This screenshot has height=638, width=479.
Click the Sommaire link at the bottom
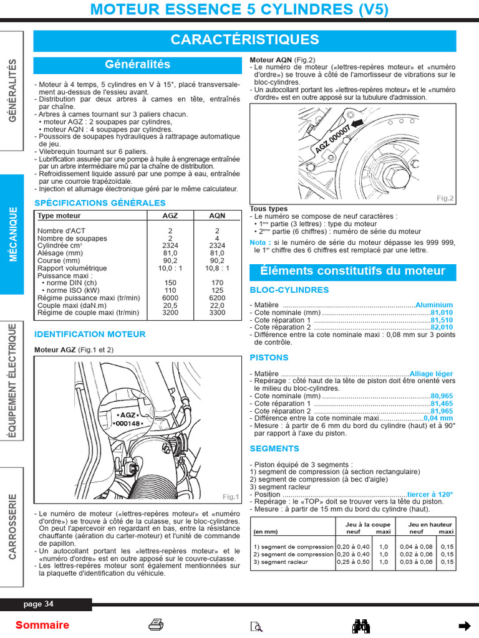(42, 625)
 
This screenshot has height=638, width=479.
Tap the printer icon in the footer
(156, 625)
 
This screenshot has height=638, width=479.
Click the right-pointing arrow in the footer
(464, 626)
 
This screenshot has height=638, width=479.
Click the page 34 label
(39, 604)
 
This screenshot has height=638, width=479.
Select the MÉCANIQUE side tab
(12, 234)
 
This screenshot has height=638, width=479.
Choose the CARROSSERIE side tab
(12, 526)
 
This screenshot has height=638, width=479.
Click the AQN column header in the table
(217, 216)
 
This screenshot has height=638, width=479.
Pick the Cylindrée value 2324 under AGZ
(170, 245)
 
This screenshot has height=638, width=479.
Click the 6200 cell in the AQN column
(217, 298)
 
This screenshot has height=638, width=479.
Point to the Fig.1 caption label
(231, 497)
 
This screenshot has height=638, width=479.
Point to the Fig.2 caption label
(445, 198)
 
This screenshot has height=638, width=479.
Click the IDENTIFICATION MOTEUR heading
(90, 334)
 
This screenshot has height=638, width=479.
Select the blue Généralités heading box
(137, 65)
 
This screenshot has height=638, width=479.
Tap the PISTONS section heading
(269, 358)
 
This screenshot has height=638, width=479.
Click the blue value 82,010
(442, 327)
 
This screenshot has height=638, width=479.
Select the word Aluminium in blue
(434, 305)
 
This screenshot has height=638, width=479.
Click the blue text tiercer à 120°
(430, 494)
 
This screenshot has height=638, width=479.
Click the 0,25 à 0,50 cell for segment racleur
(353, 562)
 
